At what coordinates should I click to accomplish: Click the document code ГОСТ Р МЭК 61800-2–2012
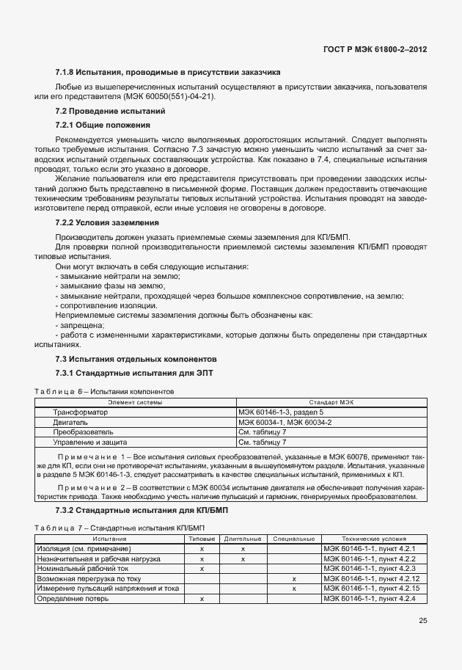[x=375, y=50]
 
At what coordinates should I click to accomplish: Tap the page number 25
[x=422, y=621]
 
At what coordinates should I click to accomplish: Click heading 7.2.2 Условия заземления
[x=107, y=222]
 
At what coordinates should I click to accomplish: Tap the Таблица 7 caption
[x=110, y=528]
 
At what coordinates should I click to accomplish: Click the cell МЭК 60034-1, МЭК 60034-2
[x=285, y=423]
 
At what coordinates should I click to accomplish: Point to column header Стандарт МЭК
[x=331, y=403]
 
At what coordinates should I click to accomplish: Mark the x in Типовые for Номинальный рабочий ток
[x=202, y=569]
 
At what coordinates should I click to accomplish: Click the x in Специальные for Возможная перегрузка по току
[x=293, y=579]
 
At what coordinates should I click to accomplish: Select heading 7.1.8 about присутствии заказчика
[x=168, y=72]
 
